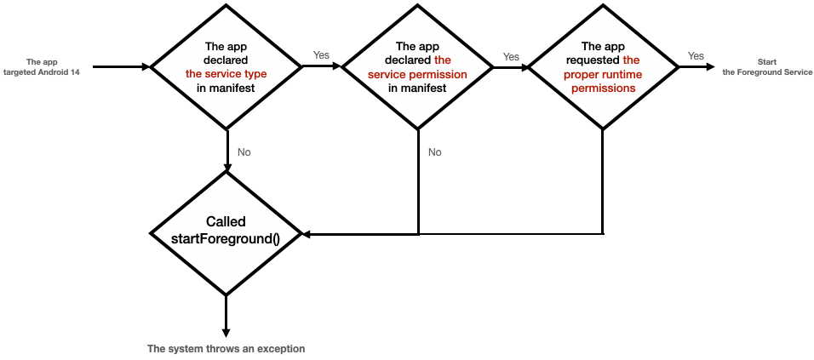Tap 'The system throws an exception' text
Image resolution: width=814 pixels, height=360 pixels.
226,349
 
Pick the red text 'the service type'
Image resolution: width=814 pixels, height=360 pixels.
226,74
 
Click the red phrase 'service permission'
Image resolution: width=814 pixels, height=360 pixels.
416,74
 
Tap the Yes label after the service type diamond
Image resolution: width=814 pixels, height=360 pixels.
321,55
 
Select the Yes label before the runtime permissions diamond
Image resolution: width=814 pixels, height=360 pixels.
511,57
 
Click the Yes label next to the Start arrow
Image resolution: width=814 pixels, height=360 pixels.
696,56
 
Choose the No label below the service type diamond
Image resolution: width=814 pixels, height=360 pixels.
244,152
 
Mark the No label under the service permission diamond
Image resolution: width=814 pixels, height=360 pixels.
435,152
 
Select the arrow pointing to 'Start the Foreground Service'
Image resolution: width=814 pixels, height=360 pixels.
695,66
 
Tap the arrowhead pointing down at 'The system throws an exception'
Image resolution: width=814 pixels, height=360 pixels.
226,331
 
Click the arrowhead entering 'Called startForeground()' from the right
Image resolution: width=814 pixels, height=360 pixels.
307,233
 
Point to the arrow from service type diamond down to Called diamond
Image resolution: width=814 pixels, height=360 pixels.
226,150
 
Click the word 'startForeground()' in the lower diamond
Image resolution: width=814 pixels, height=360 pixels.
226,239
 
